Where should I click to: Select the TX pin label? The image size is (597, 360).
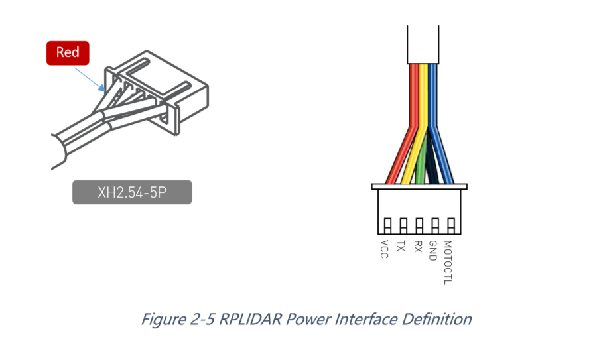(401, 246)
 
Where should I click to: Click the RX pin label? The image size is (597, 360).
(417, 246)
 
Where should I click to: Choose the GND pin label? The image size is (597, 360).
(433, 250)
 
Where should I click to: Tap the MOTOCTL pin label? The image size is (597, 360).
(449, 261)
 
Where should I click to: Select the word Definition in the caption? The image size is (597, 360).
(435, 319)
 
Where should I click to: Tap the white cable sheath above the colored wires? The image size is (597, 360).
(422, 43)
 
